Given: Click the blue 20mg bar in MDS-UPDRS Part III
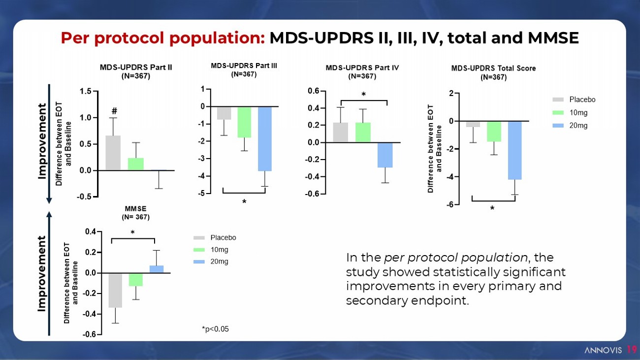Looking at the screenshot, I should pos(265,139).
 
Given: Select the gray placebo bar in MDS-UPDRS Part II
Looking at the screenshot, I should pos(113,153).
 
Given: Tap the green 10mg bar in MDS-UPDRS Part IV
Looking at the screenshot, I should pos(363,132).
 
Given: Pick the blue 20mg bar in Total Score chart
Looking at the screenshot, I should pos(514,150).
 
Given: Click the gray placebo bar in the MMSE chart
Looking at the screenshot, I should pos(115,290).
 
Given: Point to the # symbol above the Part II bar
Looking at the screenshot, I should pos(114,111).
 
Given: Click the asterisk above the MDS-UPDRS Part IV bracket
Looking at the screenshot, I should pos(363,94).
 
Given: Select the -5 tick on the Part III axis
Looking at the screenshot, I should pos(202,194).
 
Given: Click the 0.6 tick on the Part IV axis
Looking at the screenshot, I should pos(313,91).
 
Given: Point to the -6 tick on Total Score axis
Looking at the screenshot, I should pos(450,204).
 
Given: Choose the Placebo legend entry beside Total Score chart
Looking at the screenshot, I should pos(582,99).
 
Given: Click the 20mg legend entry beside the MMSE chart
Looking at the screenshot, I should pos(219,262).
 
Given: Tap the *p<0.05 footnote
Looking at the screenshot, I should pos(215,329).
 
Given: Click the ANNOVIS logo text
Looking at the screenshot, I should pos(603,350).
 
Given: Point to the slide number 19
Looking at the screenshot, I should pos(631,350).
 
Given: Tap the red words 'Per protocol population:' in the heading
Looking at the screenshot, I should pos(163,38).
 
